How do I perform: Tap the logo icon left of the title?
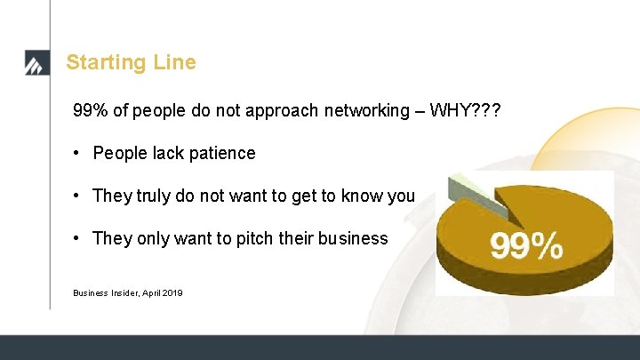pyautogui.click(x=34, y=64)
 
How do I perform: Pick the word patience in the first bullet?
pyautogui.click(x=221, y=153)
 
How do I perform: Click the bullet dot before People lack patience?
pyautogui.click(x=78, y=153)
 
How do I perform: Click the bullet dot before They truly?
pyautogui.click(x=78, y=196)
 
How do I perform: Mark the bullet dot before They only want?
pyautogui.click(x=78, y=238)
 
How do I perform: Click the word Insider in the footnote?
pyautogui.click(x=126, y=292)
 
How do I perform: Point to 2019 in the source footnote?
pyautogui.click(x=172, y=292)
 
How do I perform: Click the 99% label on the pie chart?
pyautogui.click(x=526, y=244)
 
